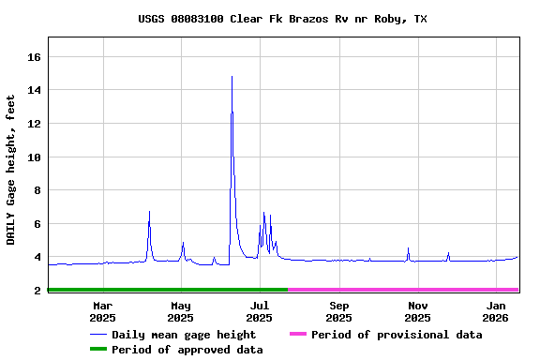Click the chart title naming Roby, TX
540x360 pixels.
[x=282, y=19]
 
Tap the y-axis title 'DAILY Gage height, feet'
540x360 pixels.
[x=11, y=169]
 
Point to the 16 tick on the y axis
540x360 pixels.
[x=35, y=57]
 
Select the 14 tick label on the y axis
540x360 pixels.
[x=35, y=90]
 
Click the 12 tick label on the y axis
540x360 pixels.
[x=35, y=124]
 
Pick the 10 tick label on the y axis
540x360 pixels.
[x=35, y=157]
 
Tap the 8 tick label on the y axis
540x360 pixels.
[x=37, y=190]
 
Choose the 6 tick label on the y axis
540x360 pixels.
[x=37, y=224]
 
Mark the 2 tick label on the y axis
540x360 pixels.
[x=37, y=291]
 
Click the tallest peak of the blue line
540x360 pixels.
[x=232, y=77]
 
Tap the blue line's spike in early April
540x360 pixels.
[x=149, y=213]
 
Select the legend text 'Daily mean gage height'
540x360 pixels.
[x=184, y=335]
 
